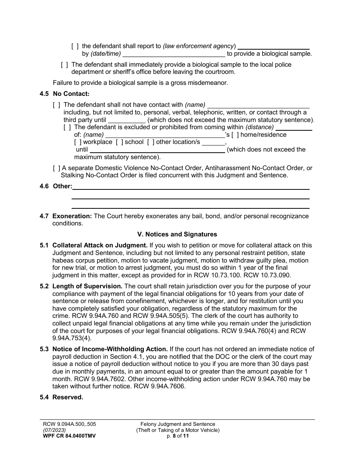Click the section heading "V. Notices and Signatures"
coord(177,234)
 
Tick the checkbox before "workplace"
coord(78,142)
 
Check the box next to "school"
coord(119,142)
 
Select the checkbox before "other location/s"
coord(150,142)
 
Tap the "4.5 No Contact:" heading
coord(64,94)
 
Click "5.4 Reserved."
coord(61,397)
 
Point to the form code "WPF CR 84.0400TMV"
coord(69,436)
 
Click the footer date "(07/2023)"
coord(54,430)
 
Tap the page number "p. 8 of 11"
coord(178,436)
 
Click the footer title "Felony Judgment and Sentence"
coord(178,424)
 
